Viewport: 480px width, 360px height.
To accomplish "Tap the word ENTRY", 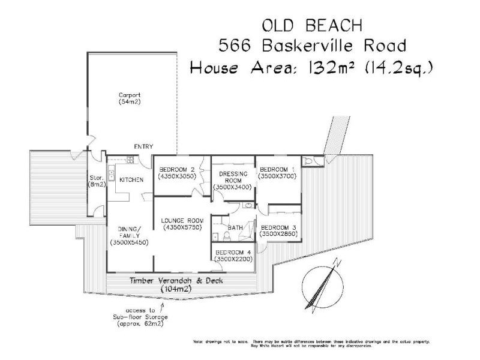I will (x=143, y=146).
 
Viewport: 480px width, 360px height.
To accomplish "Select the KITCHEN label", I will (x=131, y=180).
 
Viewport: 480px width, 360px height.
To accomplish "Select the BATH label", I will (x=235, y=228).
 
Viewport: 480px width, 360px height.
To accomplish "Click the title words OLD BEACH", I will (x=311, y=25).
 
